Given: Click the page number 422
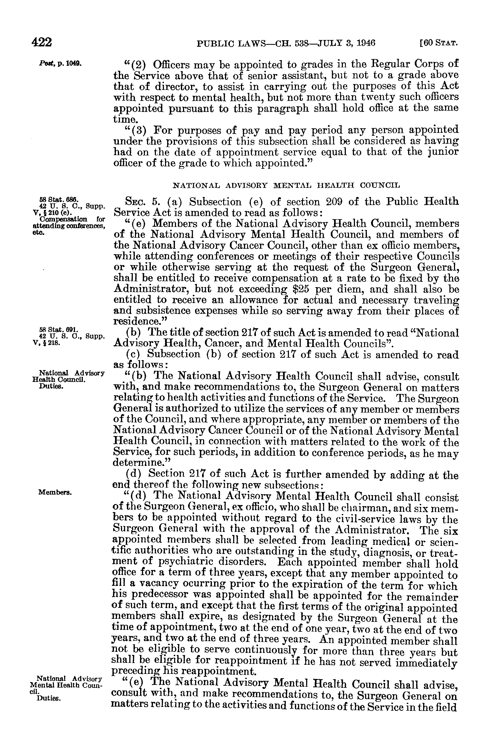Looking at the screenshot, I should (42, 42).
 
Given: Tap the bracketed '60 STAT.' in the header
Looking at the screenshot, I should (438, 43).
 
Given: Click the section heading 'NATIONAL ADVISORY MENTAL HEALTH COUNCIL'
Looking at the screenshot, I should (286, 185).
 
